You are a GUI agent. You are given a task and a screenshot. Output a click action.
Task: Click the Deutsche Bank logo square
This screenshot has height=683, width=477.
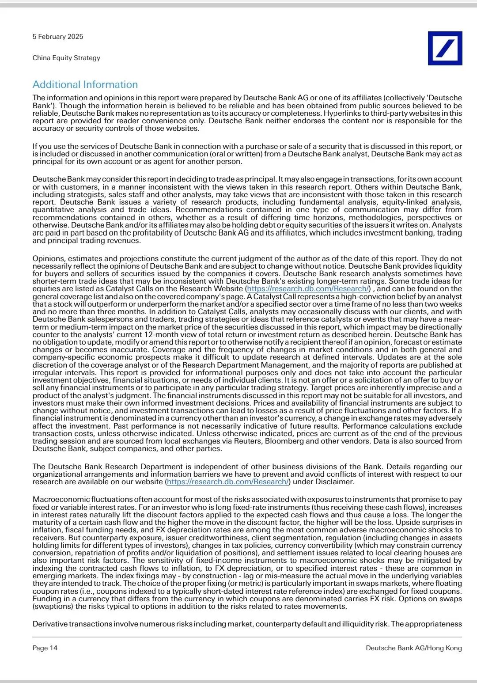point(445,48)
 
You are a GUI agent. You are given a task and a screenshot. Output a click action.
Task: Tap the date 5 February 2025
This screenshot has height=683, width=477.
point(58,37)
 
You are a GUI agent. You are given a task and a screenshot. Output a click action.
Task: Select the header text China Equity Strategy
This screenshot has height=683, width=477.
point(66,58)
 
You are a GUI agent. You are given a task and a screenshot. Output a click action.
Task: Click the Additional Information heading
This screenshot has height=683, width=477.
point(85,84)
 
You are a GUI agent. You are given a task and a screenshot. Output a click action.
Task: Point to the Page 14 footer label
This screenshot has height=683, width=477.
point(45,648)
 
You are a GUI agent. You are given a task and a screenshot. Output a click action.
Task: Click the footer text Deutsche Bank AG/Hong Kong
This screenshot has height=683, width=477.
point(414,648)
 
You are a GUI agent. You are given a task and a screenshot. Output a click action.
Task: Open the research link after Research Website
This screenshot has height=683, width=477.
point(308,289)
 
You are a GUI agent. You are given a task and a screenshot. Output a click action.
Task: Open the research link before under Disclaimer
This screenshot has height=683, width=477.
point(228,482)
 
